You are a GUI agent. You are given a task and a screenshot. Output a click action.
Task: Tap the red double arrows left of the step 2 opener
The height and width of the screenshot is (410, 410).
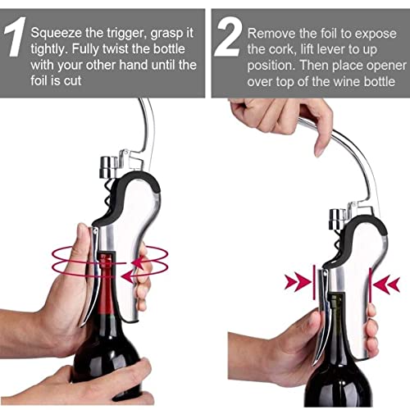pyautogui.click(x=296, y=284)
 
